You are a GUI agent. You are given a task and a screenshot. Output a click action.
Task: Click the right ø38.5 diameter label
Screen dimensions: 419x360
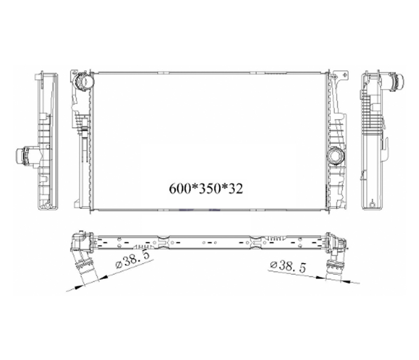288,266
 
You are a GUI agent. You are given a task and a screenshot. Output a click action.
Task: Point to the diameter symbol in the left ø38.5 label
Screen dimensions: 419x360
119,265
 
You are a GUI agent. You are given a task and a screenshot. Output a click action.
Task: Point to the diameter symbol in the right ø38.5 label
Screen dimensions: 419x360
273,265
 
